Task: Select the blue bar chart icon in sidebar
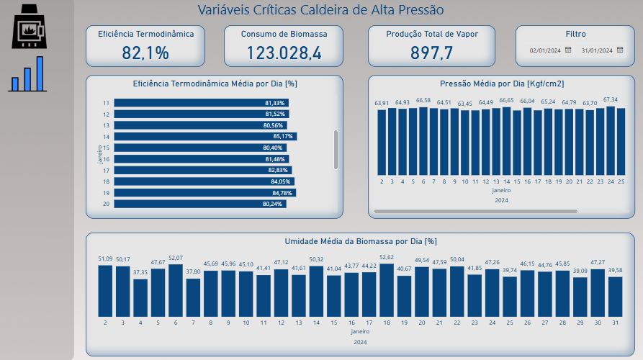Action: point(27,74)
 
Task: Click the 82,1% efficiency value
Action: point(145,53)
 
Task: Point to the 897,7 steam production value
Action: point(431,53)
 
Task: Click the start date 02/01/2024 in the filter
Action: point(545,50)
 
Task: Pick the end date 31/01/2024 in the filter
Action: point(597,50)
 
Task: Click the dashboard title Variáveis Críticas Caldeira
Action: point(320,10)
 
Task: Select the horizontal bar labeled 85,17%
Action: point(205,137)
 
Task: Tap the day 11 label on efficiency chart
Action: point(106,103)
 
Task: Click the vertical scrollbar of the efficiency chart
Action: point(336,150)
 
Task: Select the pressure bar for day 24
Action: point(611,140)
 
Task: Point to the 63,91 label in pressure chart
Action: point(382,103)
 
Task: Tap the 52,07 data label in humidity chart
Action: point(175,258)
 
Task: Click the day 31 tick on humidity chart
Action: point(615,323)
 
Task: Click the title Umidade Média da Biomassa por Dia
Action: point(361,241)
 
